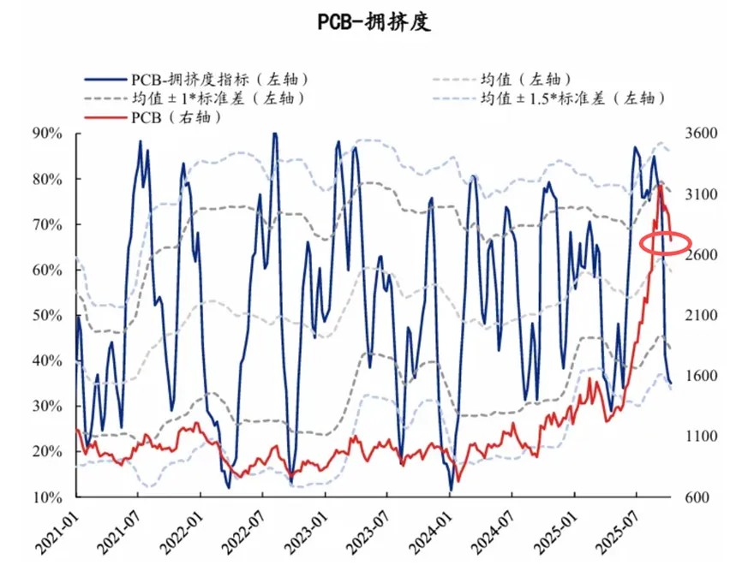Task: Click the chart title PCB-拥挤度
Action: pyautogui.click(x=371, y=23)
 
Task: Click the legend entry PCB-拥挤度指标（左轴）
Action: pyautogui.click(x=218, y=79)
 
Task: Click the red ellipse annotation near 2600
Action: pyautogui.click(x=666, y=244)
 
